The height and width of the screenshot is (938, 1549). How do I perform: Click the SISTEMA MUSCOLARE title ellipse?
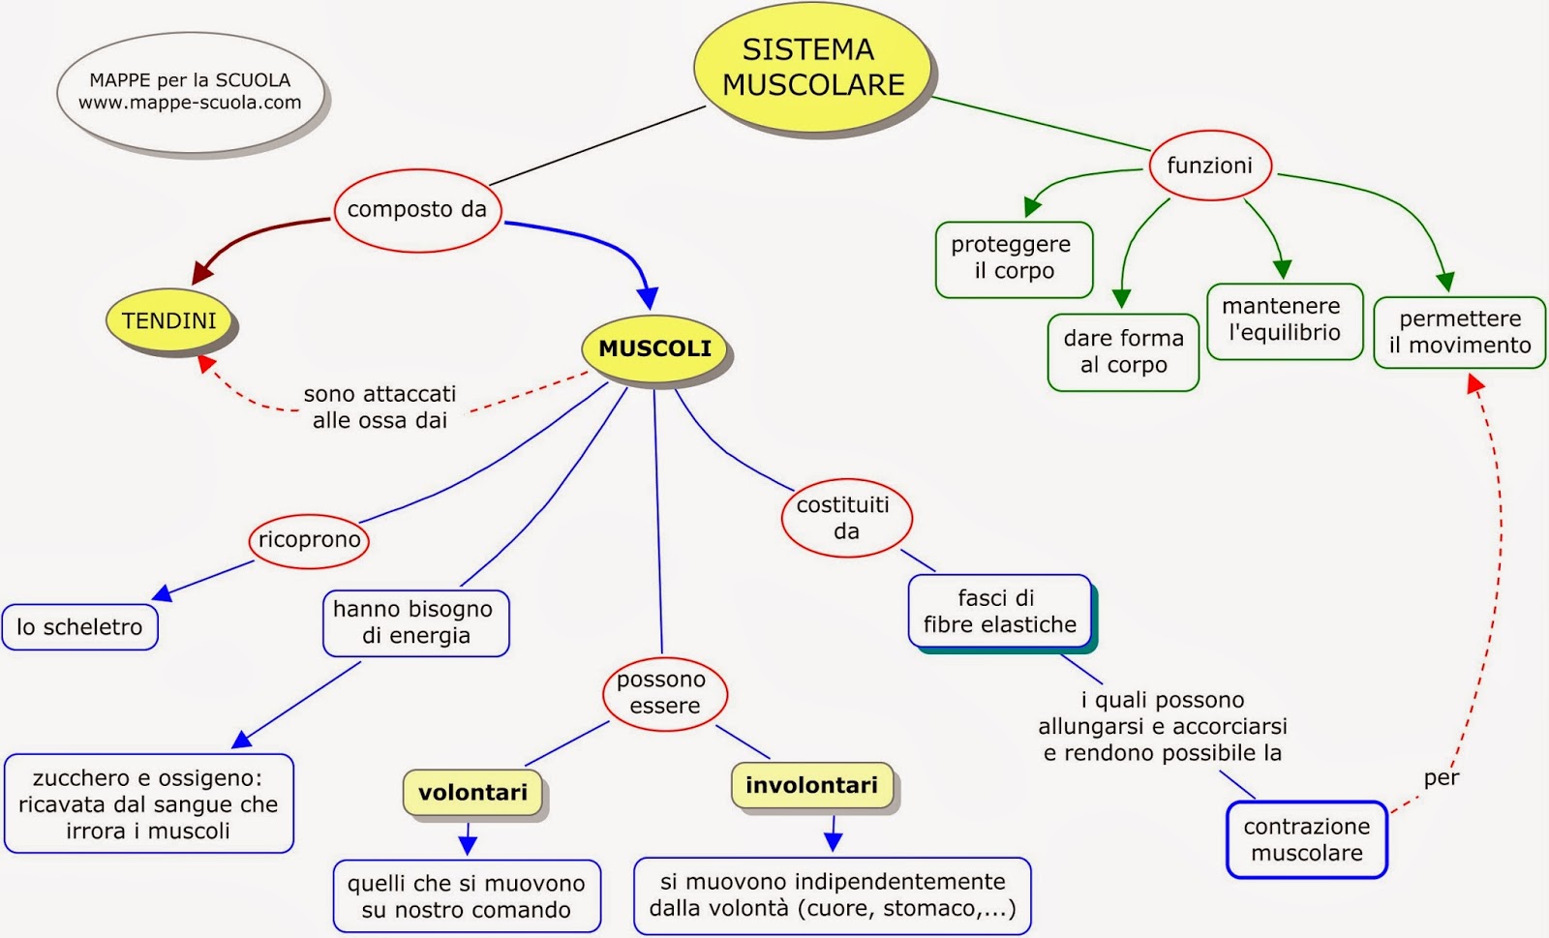[812, 68]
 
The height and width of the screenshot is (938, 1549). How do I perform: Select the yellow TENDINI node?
[169, 320]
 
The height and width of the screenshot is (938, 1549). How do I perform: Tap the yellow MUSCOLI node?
[654, 348]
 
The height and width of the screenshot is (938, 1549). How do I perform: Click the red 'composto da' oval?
[417, 209]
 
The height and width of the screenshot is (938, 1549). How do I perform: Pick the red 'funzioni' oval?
[1209, 166]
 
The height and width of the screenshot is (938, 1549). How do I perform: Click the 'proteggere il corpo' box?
[1013, 258]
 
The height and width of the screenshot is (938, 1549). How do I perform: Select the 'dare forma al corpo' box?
[1123, 351]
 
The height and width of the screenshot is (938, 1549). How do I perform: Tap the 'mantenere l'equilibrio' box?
[1285, 320]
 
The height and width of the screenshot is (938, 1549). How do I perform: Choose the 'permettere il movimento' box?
[1459, 332]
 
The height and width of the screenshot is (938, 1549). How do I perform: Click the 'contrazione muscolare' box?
[1306, 839]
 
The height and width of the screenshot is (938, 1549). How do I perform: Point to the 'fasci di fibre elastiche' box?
[1000, 612]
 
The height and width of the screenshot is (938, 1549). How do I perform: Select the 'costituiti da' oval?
[846, 518]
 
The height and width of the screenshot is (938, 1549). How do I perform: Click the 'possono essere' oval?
[664, 693]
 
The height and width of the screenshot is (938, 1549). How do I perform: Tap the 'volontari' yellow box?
[473, 793]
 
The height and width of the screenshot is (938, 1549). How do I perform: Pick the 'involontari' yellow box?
[811, 785]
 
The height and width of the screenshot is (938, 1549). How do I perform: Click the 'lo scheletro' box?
[79, 627]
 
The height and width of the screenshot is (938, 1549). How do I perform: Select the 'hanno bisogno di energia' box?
[414, 622]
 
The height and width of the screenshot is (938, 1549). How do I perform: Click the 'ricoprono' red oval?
[309, 540]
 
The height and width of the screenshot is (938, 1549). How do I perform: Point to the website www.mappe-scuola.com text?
[190, 103]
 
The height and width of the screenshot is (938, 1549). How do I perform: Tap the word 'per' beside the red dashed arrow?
[1441, 778]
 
